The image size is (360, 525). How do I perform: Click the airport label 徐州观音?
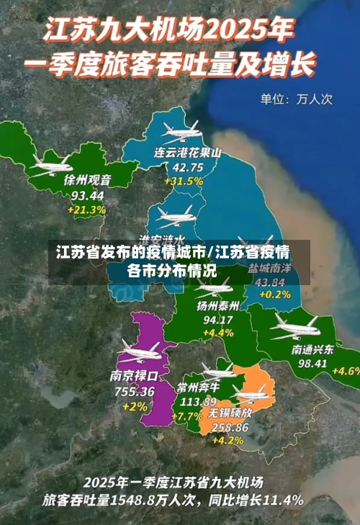87,179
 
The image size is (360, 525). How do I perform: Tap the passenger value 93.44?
87,195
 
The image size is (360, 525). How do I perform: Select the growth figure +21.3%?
87,210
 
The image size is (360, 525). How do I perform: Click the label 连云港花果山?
187,153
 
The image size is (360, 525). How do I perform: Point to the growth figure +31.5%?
184,181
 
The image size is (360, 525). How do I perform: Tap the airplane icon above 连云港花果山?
181,131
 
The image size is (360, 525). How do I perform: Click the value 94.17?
218,320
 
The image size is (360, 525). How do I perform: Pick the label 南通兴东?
312,349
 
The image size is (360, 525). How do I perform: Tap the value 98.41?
312,364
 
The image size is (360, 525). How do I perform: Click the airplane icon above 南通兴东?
294,328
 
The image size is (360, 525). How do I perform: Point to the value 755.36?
134,391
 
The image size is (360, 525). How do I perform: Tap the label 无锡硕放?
230,413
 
